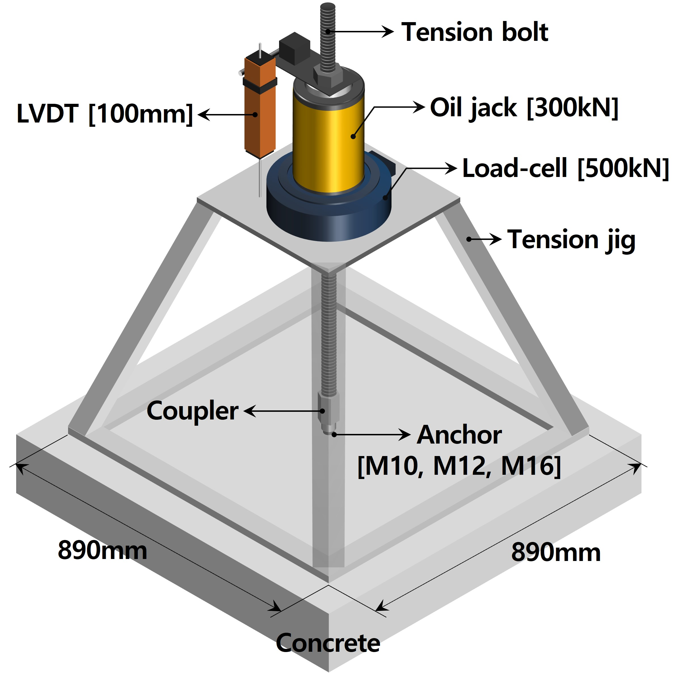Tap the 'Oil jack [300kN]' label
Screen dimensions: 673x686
coord(524,107)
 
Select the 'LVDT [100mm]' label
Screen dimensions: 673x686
coord(105,114)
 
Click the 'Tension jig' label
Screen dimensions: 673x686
coord(571,240)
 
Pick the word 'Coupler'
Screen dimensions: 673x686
coord(192,411)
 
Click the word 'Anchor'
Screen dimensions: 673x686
coord(459,435)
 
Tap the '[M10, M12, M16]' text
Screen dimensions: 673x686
coord(459,466)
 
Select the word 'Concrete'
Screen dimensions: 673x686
coord(328,642)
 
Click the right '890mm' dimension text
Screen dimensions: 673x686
coord(556,552)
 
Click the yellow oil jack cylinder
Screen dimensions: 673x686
coord(329,142)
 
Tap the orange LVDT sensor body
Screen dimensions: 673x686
coord(260,117)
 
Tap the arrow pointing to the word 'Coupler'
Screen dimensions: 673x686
coord(283,411)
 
